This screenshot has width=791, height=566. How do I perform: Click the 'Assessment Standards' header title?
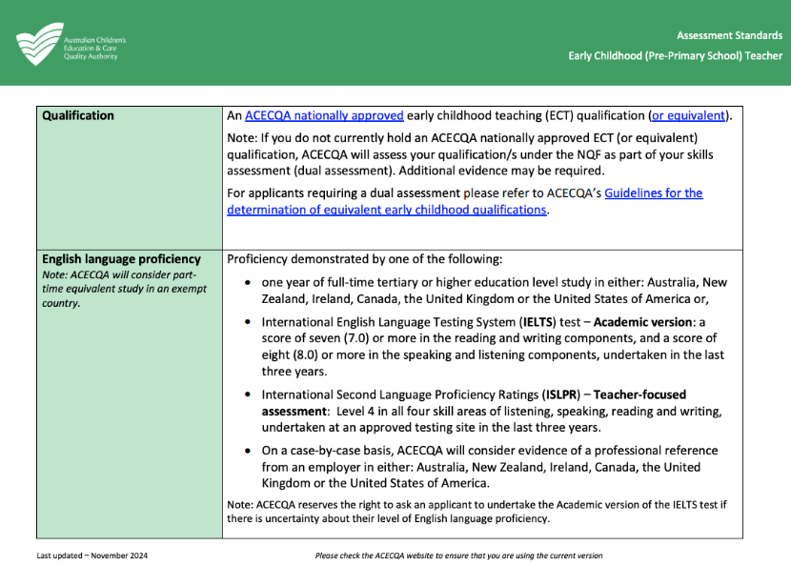[x=729, y=36]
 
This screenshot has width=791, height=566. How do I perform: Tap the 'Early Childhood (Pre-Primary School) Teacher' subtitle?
[x=675, y=56]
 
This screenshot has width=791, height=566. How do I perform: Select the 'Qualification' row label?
[x=78, y=115]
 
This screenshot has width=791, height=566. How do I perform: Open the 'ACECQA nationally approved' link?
[x=324, y=116]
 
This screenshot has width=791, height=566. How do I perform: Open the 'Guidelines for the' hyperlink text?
[x=653, y=192]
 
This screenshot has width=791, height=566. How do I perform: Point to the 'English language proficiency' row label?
[x=121, y=258]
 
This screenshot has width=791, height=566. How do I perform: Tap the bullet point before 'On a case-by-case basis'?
[x=249, y=451]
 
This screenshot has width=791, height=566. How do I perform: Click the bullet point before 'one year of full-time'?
[x=249, y=283]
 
